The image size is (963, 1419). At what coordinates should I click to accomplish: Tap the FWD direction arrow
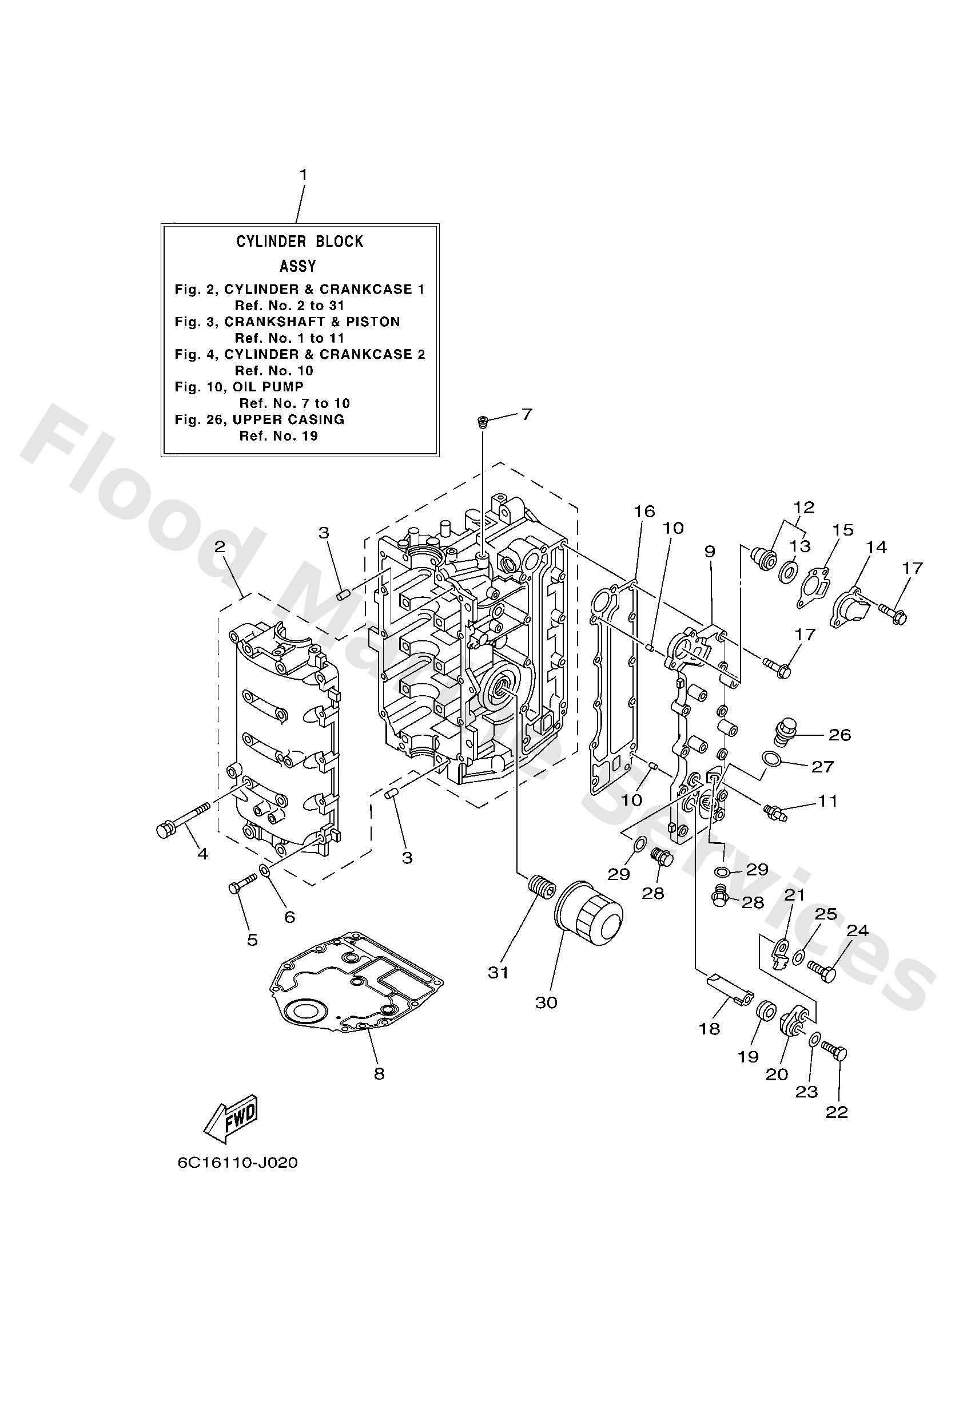pos(230,1118)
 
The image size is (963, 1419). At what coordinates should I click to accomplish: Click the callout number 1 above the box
pos(303,175)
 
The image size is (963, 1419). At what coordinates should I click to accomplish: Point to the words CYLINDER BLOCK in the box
pos(300,242)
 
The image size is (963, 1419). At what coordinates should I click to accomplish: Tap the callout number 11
pos(827,800)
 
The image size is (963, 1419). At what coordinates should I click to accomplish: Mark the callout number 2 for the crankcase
pos(220,546)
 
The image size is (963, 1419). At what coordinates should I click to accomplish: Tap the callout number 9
pos(709,552)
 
